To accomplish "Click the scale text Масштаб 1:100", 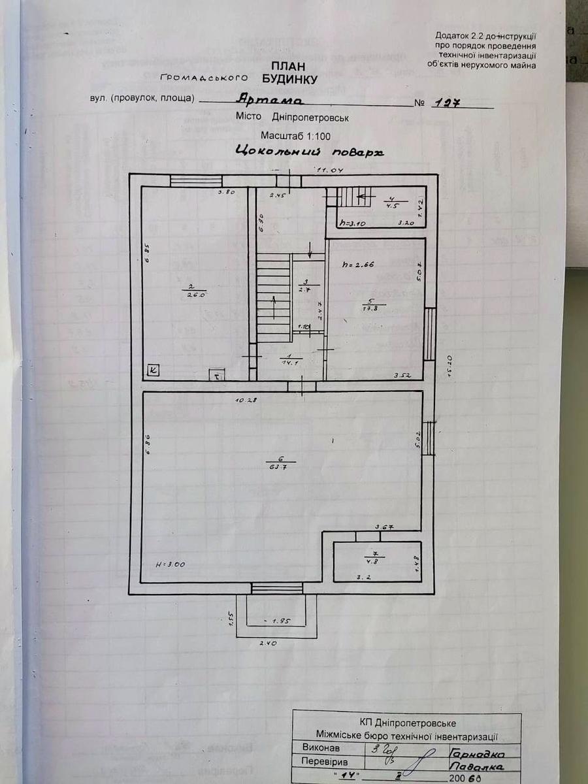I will pos(296,136).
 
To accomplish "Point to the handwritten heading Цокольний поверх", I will pos(307,152).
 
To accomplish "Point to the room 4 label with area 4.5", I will pos(392,201).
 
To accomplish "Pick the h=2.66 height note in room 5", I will pos(358,265).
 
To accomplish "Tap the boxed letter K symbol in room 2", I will pos(153,370).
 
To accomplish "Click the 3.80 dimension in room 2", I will pos(226,192).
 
